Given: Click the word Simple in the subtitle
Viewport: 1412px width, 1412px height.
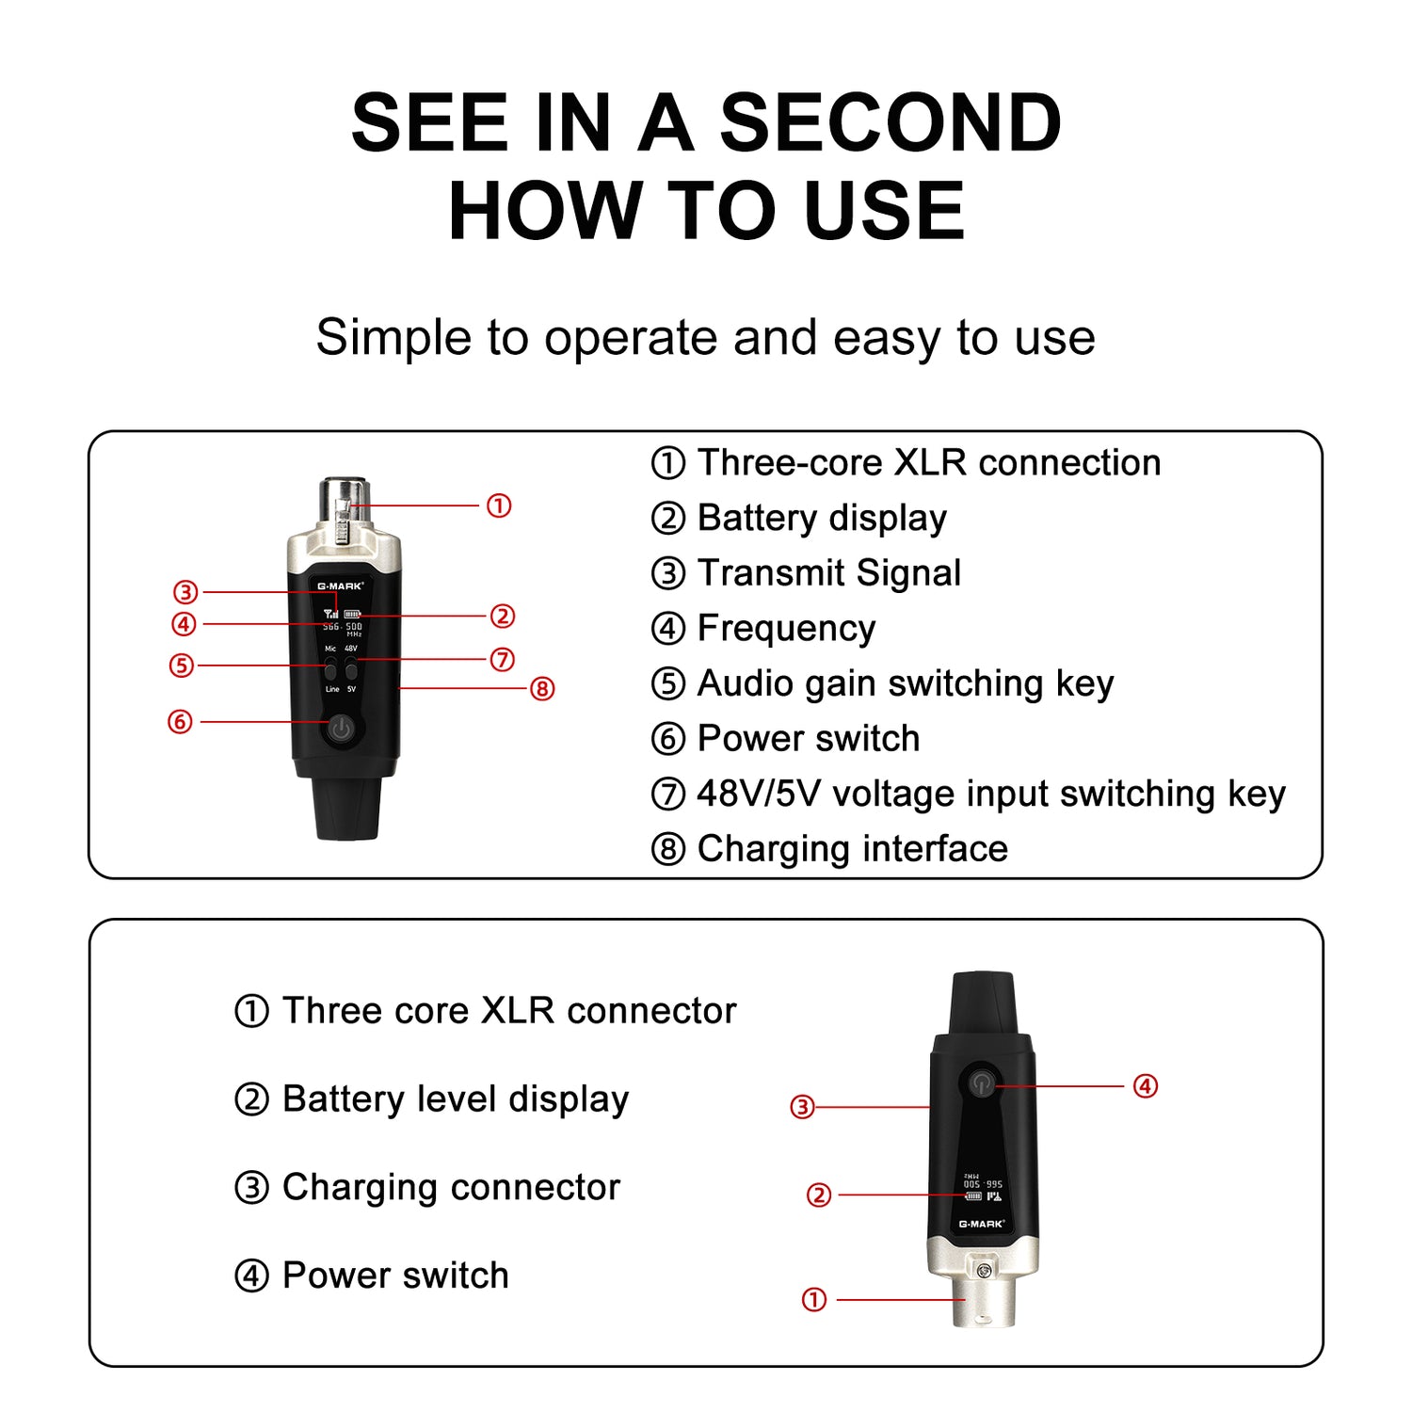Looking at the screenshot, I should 394,337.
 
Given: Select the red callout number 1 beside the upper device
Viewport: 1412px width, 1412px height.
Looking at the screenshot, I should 499,505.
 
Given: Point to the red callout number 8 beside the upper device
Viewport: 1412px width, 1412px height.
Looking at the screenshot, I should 542,689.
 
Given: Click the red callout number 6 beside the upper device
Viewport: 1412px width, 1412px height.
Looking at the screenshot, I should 180,722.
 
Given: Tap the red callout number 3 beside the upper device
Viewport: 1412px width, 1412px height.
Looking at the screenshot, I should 185,592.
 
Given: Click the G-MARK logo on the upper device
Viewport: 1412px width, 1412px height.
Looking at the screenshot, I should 340,586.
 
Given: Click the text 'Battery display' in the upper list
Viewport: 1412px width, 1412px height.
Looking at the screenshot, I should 821,518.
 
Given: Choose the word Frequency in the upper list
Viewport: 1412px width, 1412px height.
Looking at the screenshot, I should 786,628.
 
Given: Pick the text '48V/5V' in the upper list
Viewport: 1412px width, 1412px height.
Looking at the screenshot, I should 759,794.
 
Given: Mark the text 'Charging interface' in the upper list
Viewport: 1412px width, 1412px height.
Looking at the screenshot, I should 852,848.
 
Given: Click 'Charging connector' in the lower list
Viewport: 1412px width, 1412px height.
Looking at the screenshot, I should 451,1187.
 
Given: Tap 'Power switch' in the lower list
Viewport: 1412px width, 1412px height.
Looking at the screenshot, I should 395,1276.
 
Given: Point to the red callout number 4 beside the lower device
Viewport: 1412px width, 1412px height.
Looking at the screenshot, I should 1145,1086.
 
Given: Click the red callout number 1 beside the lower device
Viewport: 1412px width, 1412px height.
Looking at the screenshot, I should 814,1300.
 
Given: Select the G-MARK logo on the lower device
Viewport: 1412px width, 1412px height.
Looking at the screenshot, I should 981,1224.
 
